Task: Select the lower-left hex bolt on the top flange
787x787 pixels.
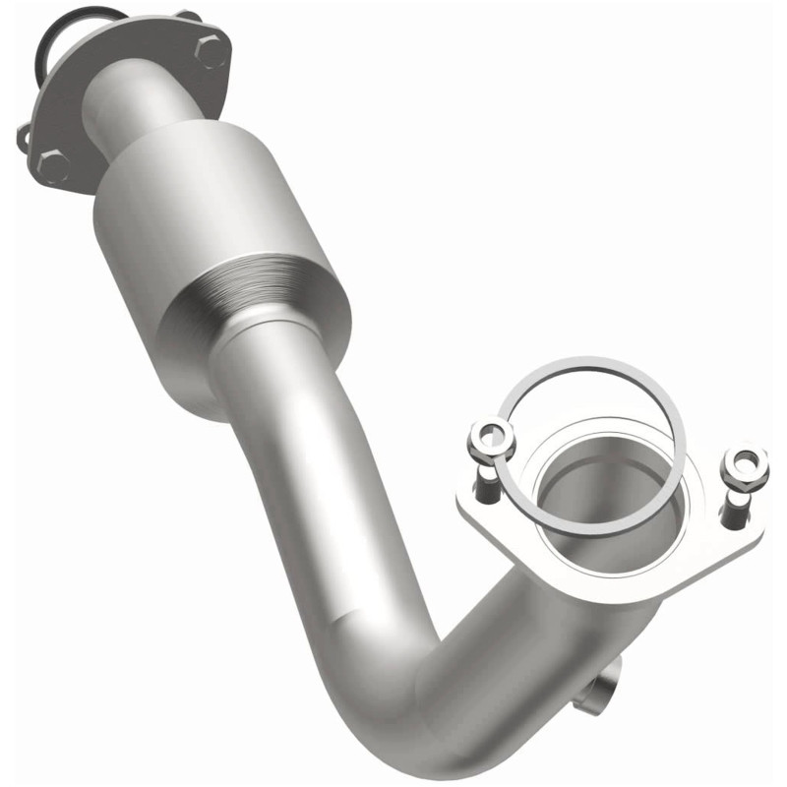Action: coord(53,164)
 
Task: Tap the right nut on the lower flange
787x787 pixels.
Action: coord(744,467)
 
